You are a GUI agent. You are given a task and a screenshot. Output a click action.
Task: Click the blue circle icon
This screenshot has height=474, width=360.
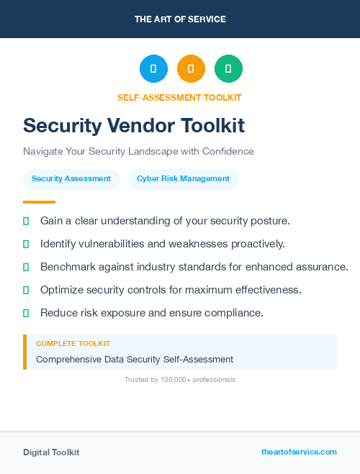tap(153, 69)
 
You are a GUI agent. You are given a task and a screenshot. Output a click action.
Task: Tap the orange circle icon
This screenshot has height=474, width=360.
tap(191, 69)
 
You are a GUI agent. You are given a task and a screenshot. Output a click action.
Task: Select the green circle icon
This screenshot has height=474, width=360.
tap(228, 69)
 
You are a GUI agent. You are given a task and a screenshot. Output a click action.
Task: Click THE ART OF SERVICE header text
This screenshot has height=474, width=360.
tap(180, 19)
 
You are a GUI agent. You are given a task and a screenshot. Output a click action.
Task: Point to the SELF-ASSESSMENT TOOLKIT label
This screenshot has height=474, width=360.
tap(179, 97)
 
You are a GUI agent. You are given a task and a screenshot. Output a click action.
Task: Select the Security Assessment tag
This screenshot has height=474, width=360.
tap(71, 178)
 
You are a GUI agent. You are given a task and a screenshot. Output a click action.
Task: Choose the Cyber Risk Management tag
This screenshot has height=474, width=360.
tap(183, 178)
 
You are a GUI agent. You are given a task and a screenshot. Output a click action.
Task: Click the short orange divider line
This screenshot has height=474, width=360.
tap(39, 202)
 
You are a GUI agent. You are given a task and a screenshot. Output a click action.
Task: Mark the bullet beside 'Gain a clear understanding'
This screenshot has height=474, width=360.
tap(26, 221)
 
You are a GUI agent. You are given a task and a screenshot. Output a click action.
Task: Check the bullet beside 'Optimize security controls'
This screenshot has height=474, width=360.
tap(26, 290)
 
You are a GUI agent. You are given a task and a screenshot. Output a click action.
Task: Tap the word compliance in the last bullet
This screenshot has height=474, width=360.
tap(235, 313)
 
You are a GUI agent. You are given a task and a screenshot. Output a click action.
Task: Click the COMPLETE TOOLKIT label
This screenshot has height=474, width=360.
tap(73, 344)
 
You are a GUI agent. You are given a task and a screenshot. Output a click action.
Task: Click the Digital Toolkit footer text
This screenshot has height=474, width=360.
tap(51, 452)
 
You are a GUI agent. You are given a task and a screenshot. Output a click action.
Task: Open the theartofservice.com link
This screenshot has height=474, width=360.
tap(299, 452)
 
